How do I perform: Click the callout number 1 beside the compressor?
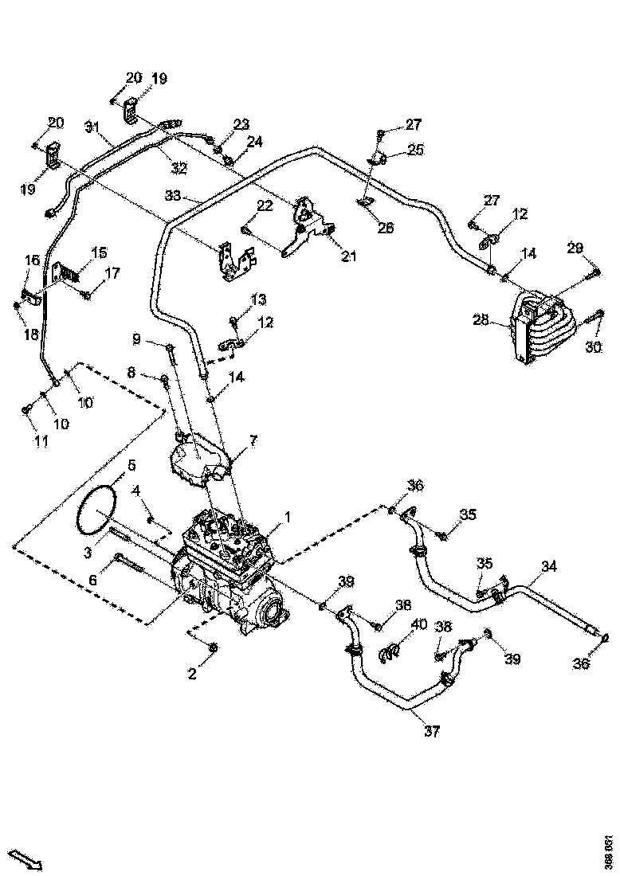tap(287, 518)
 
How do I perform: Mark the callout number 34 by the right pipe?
tap(549, 566)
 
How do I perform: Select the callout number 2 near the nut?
tap(191, 675)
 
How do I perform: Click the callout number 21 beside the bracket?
tap(348, 256)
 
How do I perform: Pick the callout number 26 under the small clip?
tap(386, 228)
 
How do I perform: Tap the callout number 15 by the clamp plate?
tap(99, 252)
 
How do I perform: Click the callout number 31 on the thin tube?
tap(92, 127)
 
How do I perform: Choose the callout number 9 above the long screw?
tap(137, 340)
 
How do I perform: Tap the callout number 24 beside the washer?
tap(254, 142)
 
